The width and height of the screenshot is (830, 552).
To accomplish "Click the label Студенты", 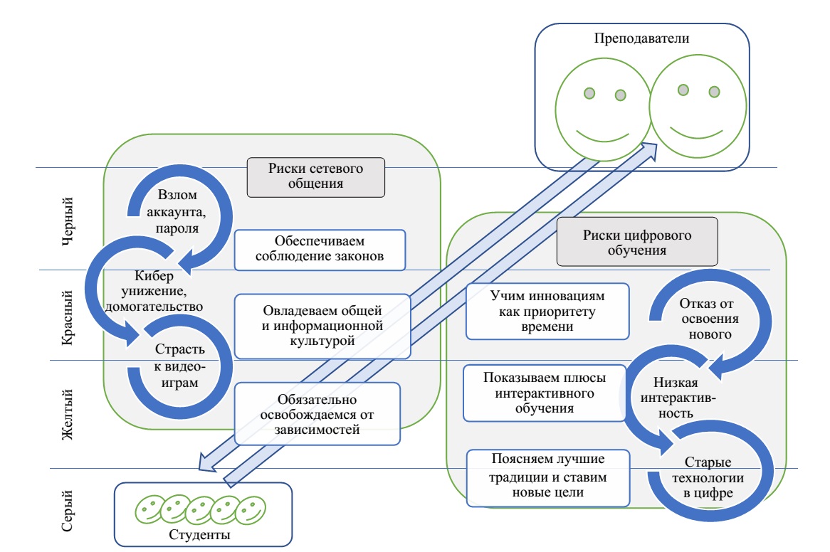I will (203, 534).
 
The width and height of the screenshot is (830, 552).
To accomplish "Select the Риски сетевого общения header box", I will (315, 177).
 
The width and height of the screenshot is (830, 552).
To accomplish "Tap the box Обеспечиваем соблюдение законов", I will (320, 249).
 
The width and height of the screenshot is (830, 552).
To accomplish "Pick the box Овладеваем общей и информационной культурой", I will (322, 327).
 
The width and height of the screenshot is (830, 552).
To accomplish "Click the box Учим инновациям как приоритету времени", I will (547, 311).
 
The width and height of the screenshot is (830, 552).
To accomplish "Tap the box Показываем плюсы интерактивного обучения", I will (545, 392).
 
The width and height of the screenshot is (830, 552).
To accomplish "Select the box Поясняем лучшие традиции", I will (547, 477).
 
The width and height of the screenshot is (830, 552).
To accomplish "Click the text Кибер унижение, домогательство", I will (154, 292).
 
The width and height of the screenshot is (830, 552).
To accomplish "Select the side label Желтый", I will (70, 414).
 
